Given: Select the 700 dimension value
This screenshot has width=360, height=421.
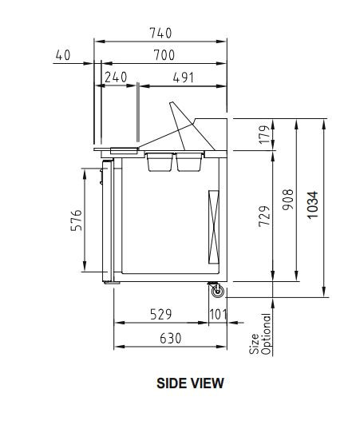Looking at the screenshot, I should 164,54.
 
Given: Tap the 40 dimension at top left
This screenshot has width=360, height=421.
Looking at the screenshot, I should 63,54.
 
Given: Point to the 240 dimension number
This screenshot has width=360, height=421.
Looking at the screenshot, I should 117,77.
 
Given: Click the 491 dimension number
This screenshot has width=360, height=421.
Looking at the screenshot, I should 183,77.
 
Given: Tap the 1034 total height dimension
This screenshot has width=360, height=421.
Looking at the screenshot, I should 313,206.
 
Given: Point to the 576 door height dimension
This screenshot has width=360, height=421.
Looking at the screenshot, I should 76,220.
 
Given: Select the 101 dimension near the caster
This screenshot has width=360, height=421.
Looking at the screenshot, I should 219,315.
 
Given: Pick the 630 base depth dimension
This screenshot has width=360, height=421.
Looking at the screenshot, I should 169,339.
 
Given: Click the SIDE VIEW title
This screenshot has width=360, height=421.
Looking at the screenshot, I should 190,383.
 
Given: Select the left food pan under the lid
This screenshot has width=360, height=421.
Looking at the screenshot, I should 159,162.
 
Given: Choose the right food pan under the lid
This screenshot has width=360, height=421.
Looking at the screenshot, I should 188,162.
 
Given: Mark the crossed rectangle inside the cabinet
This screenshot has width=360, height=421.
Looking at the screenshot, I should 213,228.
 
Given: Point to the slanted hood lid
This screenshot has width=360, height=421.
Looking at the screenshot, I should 185,123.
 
